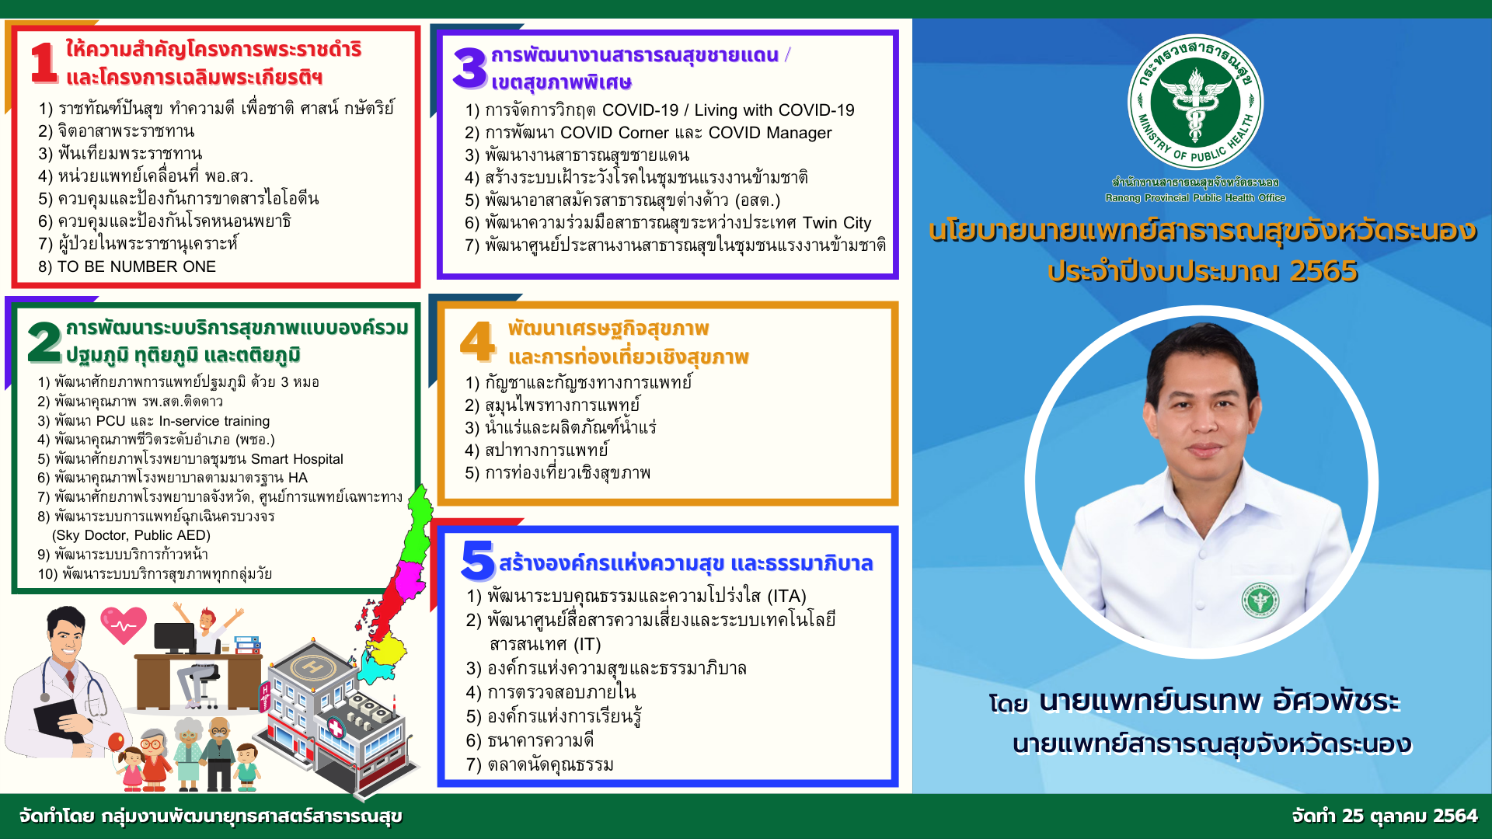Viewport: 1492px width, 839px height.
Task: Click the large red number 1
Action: pos(44,62)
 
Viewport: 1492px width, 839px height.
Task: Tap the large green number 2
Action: pos(44,342)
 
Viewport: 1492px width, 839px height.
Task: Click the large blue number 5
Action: pos(477,560)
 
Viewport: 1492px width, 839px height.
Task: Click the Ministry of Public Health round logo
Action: pos(1195,102)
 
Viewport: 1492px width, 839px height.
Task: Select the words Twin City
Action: pos(837,223)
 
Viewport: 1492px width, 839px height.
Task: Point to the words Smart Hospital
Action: pos(297,459)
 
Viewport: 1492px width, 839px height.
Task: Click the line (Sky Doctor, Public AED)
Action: pos(131,535)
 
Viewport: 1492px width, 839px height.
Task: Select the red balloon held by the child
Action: pos(116,742)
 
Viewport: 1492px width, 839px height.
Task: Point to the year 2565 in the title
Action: pos(1323,271)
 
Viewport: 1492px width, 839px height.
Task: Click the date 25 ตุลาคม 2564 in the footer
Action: pos(1409,816)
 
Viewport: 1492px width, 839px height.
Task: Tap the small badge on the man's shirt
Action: pos(1260,601)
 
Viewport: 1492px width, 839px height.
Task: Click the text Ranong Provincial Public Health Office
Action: pos(1195,198)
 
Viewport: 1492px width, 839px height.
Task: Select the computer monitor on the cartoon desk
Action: pos(175,639)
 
